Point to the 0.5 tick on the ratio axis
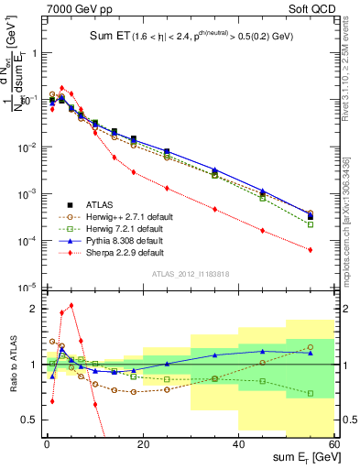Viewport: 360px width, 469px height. (x=31, y=420)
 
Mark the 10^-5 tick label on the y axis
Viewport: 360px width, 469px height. (x=27, y=289)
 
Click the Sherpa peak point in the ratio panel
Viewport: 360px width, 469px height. (x=71, y=305)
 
